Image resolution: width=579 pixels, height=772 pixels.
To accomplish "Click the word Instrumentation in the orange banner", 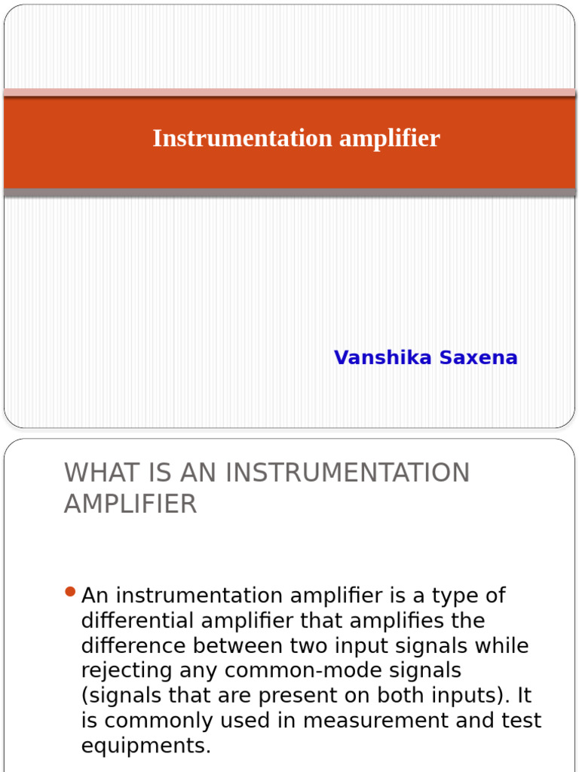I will tap(242, 139).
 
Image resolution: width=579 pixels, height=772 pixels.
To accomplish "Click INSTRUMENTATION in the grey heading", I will tap(347, 473).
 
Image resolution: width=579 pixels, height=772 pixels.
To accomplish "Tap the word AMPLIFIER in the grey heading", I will tap(130, 504).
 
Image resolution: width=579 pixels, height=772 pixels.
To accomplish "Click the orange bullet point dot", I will tap(71, 593).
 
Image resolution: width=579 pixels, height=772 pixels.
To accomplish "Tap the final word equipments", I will tap(146, 746).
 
